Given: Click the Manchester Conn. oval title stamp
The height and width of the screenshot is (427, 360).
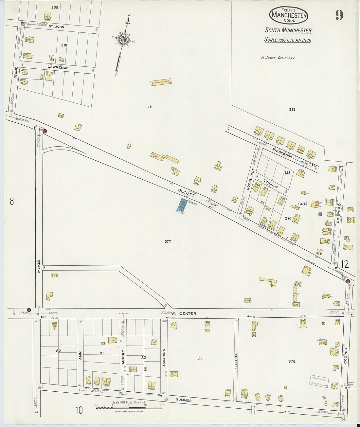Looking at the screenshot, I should (289, 15).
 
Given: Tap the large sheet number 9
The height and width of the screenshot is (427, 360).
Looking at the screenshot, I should (339, 15).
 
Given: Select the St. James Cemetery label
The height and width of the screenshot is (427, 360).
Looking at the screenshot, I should (278, 58).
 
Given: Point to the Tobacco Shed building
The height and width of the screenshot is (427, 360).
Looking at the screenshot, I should (161, 83).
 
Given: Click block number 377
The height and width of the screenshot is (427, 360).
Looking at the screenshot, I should (168, 241).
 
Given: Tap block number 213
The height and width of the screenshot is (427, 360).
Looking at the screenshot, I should (292, 109).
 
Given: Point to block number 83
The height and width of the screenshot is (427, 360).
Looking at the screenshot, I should (200, 359).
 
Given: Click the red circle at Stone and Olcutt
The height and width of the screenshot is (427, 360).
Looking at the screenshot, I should (45, 131).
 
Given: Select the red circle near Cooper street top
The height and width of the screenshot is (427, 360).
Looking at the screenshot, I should (348, 281).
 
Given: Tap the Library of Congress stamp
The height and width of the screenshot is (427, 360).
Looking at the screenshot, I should (319, 381).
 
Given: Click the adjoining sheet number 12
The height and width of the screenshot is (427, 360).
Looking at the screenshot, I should (344, 264).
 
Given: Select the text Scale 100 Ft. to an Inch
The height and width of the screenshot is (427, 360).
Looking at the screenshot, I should (288, 40).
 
